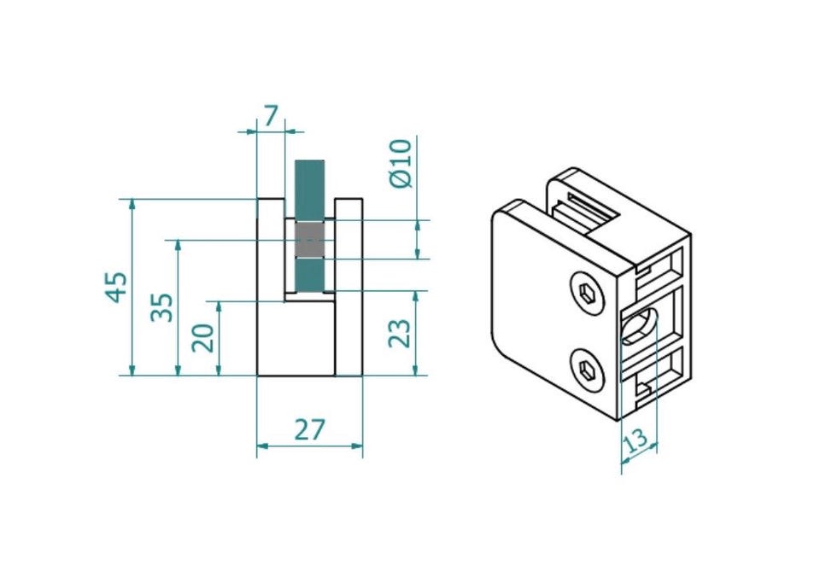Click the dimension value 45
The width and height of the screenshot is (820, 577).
click(x=117, y=287)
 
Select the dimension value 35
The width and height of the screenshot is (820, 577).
click(x=162, y=307)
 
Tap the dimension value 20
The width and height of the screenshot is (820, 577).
click(x=203, y=338)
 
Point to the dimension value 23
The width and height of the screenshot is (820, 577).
click(x=400, y=333)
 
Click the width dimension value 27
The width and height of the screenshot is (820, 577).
click(x=309, y=429)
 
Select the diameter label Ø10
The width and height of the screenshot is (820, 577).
click(x=401, y=163)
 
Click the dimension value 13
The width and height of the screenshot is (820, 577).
click(x=635, y=440)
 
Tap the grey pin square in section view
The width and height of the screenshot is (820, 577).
click(x=309, y=240)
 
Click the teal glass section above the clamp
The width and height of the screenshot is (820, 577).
click(x=309, y=191)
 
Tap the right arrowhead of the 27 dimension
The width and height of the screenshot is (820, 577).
click(x=357, y=446)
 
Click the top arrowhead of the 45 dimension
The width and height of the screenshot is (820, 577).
click(x=132, y=205)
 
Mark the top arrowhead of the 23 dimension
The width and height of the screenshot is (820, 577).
click(x=416, y=297)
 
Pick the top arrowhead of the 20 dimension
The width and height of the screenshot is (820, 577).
click(x=220, y=307)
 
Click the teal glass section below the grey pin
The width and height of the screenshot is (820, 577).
click(x=309, y=274)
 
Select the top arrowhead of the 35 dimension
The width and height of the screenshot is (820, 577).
click(x=179, y=246)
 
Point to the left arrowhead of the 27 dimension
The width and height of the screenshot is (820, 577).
click(x=263, y=446)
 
